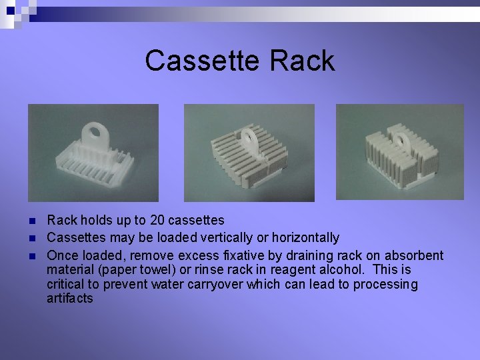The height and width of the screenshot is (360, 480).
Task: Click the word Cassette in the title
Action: [204, 61]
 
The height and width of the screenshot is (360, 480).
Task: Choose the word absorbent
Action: [414, 255]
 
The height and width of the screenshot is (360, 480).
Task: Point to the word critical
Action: [65, 285]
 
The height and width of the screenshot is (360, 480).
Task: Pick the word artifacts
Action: [70, 299]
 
